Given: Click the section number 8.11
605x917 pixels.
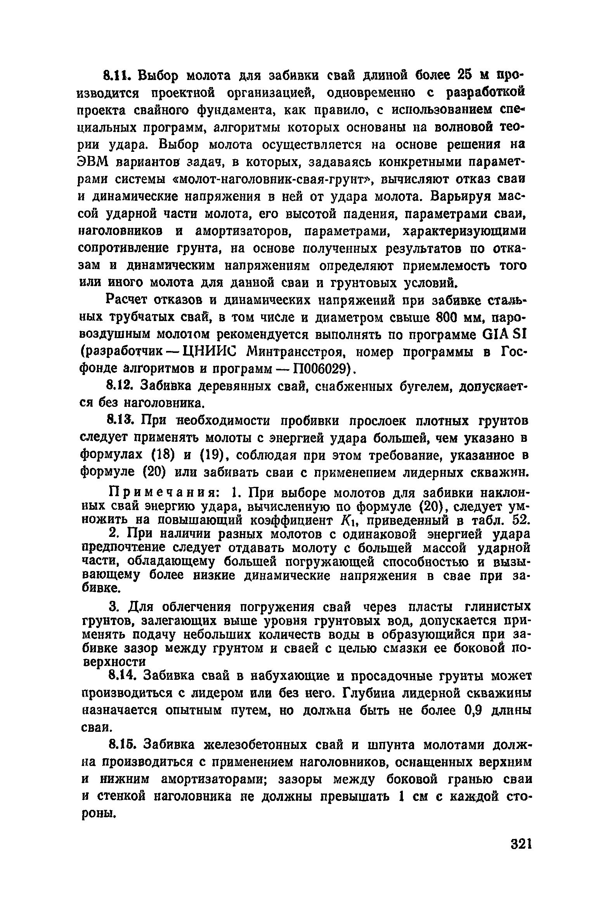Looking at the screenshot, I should (118, 76).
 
